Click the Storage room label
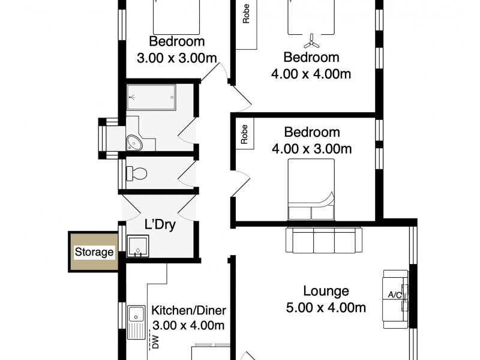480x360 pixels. click(x=94, y=252)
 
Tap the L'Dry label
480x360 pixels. click(x=159, y=226)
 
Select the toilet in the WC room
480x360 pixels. click(x=137, y=173)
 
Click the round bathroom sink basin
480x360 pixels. click(x=134, y=143)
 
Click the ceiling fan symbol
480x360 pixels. click(x=311, y=42)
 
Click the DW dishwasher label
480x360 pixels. click(x=155, y=342)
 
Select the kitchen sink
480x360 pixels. click(x=136, y=313)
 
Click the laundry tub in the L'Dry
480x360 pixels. click(x=138, y=245)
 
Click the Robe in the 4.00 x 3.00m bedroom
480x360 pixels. click(x=245, y=133)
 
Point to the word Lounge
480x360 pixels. click(x=326, y=292)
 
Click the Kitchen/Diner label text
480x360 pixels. click(x=188, y=311)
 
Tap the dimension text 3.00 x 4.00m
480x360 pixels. click(x=188, y=326)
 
